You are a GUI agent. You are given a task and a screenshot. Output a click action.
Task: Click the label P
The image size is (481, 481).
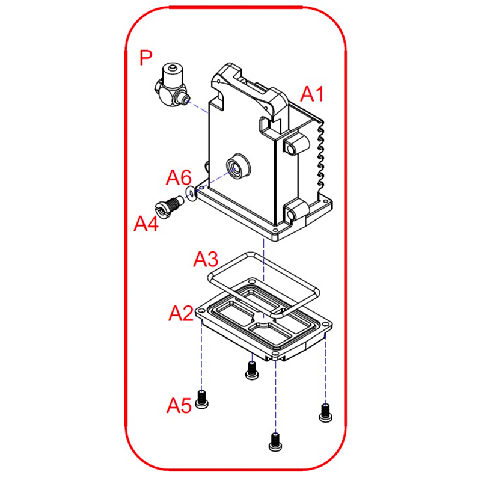pyautogui.click(x=146, y=58)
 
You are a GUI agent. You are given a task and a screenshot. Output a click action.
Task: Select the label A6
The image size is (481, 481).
pyautogui.click(x=179, y=177)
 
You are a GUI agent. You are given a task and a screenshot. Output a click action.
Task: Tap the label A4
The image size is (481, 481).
pyautogui.click(x=146, y=224)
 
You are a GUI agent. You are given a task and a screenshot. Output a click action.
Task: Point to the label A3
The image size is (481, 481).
pyautogui.click(x=206, y=259)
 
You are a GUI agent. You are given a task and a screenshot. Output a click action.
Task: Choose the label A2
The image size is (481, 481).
pyautogui.click(x=180, y=313)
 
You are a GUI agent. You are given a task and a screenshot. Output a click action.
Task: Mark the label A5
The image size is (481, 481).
pyautogui.click(x=179, y=406)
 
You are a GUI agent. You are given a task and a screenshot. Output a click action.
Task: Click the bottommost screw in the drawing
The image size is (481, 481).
pyautogui.click(x=275, y=442)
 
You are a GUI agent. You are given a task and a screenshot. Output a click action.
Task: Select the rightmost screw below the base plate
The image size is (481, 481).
pyautogui.click(x=325, y=412)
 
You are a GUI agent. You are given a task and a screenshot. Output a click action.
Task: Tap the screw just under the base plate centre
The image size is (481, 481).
pyautogui.click(x=251, y=370)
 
